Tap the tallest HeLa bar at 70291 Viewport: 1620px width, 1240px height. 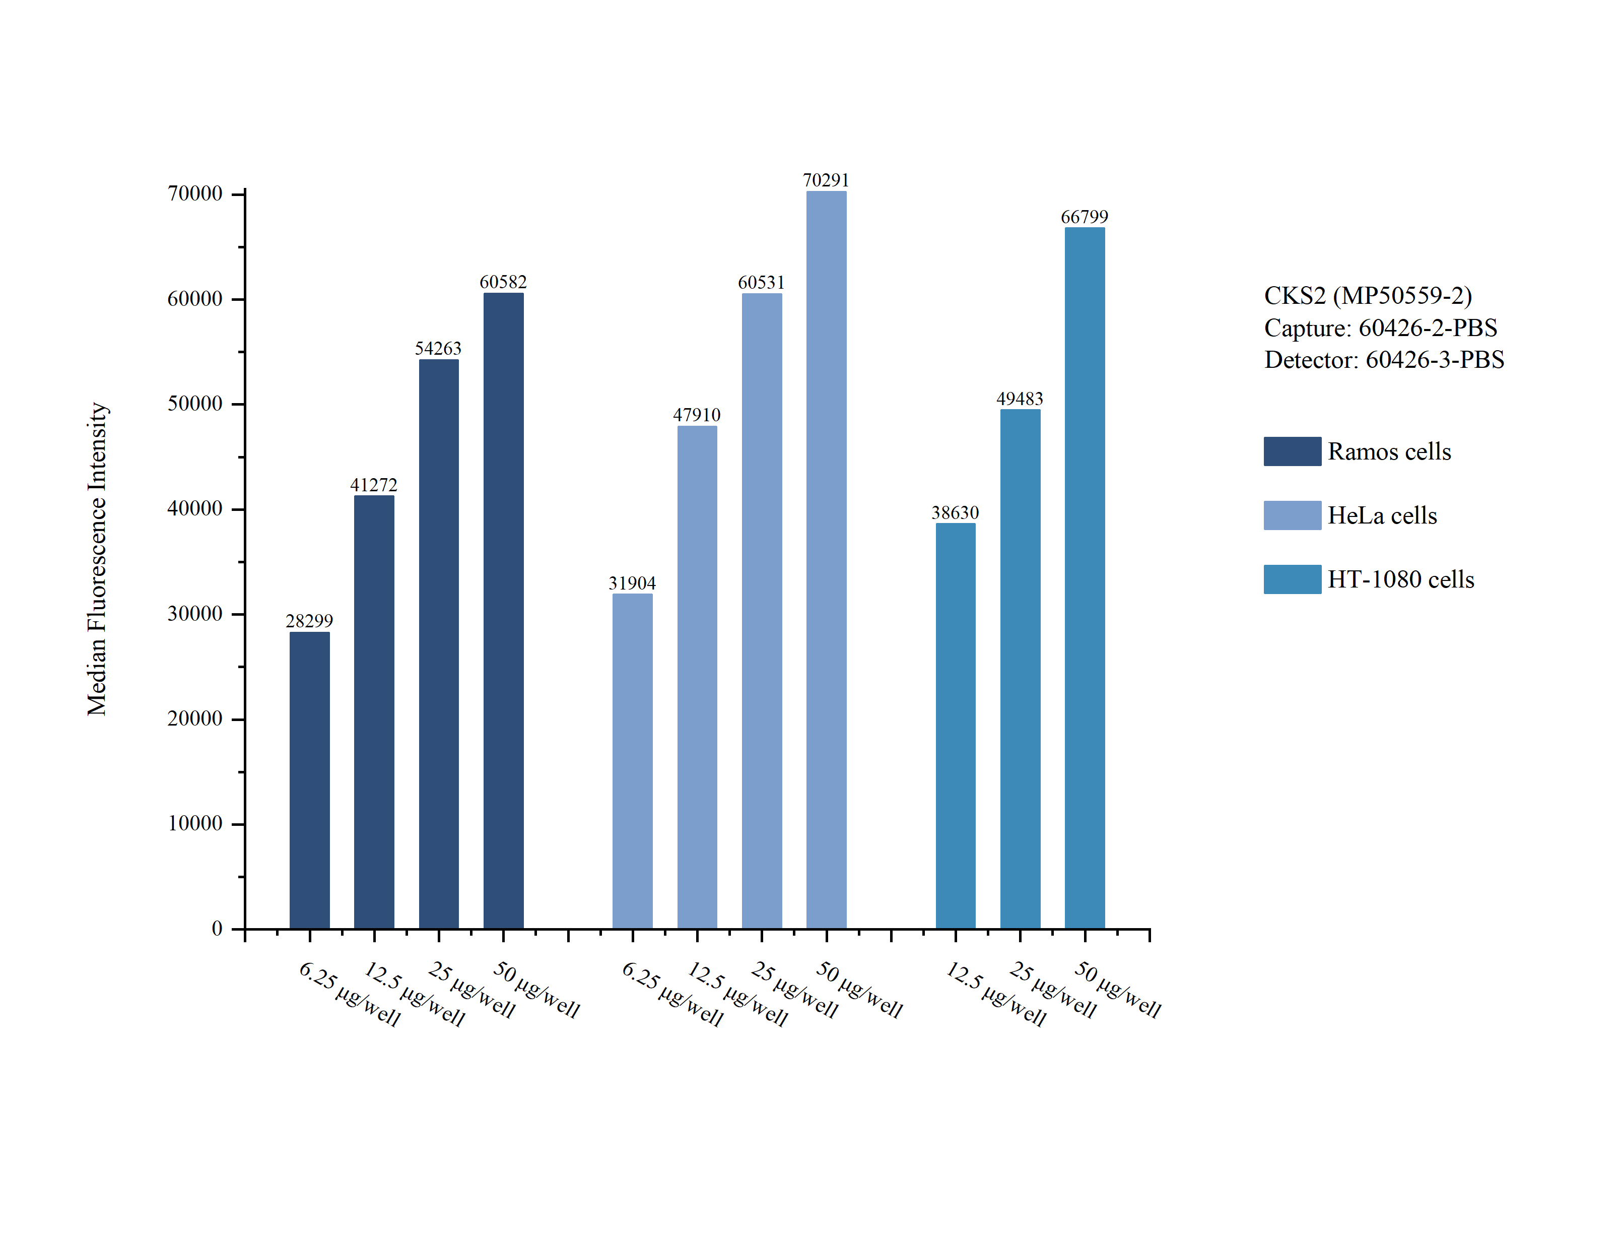coord(826,559)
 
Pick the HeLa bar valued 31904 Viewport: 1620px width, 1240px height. coord(632,760)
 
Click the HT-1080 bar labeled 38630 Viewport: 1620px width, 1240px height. coord(956,725)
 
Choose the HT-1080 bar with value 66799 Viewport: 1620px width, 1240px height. coord(1085,577)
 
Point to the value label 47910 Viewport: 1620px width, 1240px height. coord(696,415)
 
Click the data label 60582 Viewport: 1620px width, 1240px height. coord(503,282)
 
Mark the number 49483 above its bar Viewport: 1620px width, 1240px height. coord(1020,399)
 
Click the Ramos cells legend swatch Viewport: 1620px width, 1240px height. coord(1292,451)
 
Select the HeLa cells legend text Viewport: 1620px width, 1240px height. coord(1382,515)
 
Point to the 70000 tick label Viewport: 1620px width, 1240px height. coord(195,193)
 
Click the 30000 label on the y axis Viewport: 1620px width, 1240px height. coord(195,613)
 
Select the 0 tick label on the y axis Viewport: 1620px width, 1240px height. coord(217,929)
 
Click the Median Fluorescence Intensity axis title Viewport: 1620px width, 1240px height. coord(97,559)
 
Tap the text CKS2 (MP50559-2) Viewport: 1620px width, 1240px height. coord(1368,295)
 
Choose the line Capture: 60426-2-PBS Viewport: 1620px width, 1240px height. coord(1380,328)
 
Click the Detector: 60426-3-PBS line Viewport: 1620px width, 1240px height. coord(1384,359)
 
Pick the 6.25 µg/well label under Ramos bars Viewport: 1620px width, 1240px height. coord(350,994)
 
